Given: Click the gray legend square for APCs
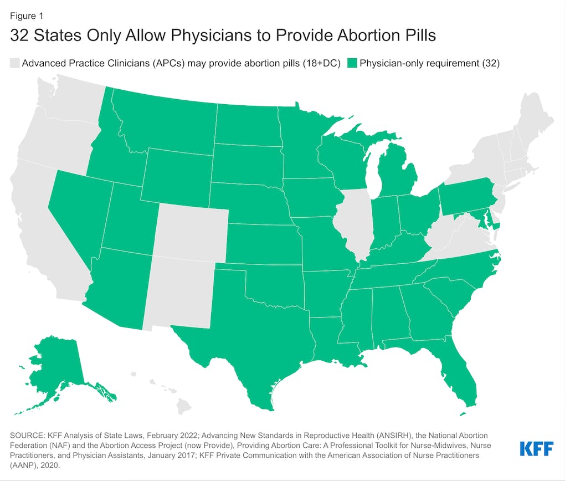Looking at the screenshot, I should pos(14,63).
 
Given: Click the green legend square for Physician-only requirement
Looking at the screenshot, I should pos(352,63).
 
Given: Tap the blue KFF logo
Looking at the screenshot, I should pos(537,448).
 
